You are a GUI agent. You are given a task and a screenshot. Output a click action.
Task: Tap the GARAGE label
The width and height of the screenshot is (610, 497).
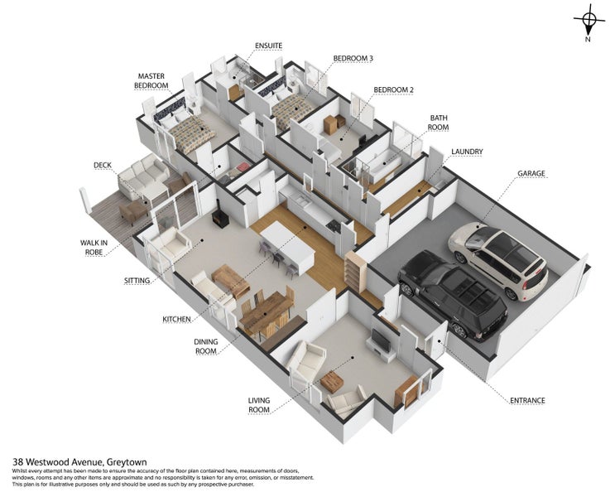531,173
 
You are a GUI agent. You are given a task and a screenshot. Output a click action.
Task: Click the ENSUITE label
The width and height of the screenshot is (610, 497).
268,46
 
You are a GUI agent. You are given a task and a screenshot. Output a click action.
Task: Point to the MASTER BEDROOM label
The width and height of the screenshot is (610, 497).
151,80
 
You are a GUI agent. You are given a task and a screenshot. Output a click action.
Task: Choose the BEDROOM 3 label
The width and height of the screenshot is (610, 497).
353,58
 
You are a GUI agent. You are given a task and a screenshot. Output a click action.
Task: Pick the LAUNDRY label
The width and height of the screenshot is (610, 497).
468,152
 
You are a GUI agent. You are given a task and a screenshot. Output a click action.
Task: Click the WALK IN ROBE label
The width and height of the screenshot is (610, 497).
94,248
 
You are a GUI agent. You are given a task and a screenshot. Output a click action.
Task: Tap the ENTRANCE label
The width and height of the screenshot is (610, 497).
527,400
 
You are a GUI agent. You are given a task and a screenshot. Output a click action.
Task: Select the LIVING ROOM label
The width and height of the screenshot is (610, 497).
259,405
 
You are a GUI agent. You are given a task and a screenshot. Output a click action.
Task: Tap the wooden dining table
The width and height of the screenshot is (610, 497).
265,312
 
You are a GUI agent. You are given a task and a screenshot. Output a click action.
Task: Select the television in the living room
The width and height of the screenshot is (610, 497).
382,340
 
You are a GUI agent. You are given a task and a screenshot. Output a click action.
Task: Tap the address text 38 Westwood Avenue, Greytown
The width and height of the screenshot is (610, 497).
79,462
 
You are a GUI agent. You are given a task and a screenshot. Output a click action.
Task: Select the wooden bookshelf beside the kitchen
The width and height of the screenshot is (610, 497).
356,271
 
